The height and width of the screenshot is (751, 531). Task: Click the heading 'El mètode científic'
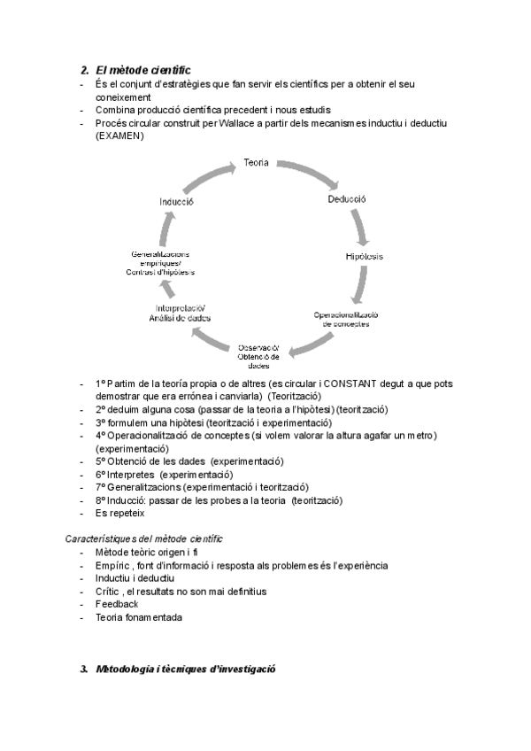tap(142, 69)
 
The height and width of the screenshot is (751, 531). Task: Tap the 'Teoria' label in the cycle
tap(258, 163)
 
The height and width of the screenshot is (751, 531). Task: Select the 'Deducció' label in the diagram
tap(346, 200)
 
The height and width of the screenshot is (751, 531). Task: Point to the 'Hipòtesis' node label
tap(365, 256)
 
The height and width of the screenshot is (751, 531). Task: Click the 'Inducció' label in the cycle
tap(177, 201)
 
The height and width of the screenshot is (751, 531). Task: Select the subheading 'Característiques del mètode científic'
tap(143, 538)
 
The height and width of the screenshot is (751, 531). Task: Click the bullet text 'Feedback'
tap(117, 604)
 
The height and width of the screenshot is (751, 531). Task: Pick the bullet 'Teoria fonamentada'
tap(139, 617)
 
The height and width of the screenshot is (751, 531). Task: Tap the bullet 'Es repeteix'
tap(120, 513)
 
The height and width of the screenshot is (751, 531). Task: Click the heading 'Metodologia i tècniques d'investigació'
tap(186, 670)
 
